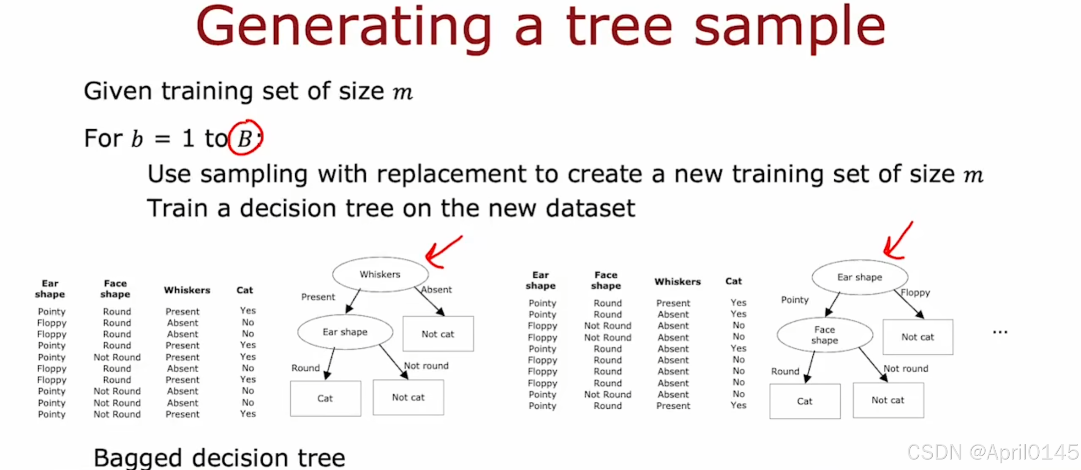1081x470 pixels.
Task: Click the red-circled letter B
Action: click(x=245, y=138)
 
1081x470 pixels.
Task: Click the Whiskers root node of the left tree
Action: click(x=380, y=274)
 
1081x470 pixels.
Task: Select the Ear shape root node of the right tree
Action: click(x=860, y=277)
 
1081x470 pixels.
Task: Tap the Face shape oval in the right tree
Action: click(x=825, y=335)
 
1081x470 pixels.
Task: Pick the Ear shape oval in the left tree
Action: click(x=345, y=332)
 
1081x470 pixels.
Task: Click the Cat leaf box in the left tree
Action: click(x=325, y=398)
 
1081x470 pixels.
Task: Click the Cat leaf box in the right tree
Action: click(x=805, y=401)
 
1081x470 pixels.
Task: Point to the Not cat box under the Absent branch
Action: click(x=438, y=334)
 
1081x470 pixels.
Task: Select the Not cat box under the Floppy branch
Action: click(x=918, y=337)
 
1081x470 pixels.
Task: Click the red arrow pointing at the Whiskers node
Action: click(x=441, y=252)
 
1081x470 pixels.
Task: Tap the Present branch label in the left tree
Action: click(x=318, y=297)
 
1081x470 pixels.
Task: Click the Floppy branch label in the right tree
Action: click(x=915, y=292)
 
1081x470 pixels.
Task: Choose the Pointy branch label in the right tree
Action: click(x=795, y=300)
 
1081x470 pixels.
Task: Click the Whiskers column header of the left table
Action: click(x=187, y=290)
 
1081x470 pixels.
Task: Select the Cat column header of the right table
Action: click(x=733, y=281)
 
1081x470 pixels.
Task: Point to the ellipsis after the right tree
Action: click(x=1000, y=332)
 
